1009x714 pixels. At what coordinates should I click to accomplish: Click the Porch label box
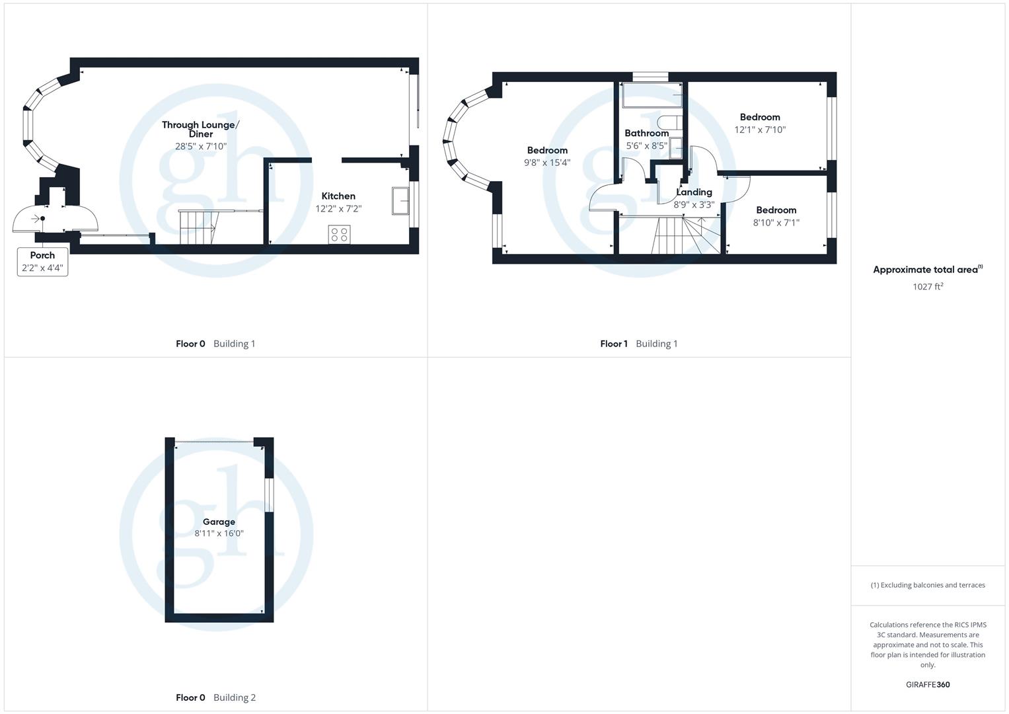(x=42, y=262)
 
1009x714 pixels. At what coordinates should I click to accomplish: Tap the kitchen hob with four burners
(x=339, y=234)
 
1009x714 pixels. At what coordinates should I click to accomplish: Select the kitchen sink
(x=400, y=201)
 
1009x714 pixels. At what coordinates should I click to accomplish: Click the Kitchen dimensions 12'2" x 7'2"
(x=338, y=209)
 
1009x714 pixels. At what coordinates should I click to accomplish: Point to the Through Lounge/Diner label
(x=201, y=129)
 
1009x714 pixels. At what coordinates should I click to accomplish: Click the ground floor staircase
(x=198, y=227)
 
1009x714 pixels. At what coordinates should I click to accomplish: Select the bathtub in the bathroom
(x=652, y=95)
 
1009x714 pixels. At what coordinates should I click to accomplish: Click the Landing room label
(x=694, y=192)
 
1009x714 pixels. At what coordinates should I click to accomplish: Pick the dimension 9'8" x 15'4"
(x=547, y=163)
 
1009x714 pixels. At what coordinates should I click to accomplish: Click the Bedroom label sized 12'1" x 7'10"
(x=760, y=117)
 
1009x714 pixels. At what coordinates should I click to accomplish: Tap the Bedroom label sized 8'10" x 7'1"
(x=776, y=210)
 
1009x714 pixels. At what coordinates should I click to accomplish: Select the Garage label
(x=219, y=522)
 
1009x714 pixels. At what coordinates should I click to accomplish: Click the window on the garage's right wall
(x=268, y=495)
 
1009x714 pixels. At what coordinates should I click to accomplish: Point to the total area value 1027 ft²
(x=928, y=286)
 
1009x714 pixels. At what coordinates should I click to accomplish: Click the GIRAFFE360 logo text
(x=928, y=684)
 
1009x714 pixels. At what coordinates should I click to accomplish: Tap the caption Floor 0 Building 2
(x=215, y=697)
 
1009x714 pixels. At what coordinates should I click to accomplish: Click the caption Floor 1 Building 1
(x=638, y=344)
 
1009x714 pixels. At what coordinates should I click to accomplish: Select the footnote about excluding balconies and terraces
(x=928, y=585)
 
